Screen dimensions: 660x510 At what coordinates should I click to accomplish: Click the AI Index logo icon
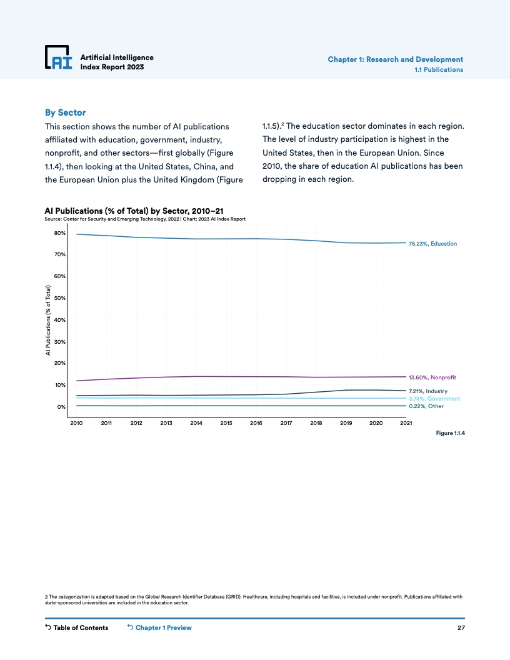tap(59, 57)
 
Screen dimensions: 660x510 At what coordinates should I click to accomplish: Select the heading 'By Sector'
tap(65, 112)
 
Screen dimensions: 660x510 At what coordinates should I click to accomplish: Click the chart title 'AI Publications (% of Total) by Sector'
tap(134, 211)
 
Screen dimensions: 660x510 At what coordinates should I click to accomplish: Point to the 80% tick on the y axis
tap(60, 233)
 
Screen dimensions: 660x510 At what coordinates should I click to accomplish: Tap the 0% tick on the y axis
tap(62, 407)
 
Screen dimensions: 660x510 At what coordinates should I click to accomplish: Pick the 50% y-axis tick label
tap(60, 298)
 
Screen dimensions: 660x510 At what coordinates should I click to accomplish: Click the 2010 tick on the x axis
tap(76, 423)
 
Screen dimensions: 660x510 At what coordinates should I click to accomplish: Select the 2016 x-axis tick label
tap(256, 423)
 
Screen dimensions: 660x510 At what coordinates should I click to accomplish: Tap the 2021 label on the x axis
tap(406, 423)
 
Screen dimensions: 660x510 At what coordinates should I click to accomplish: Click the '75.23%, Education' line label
tap(432, 243)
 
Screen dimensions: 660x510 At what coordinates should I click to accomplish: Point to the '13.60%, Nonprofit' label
tap(432, 377)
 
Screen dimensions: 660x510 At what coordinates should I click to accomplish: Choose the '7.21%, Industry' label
tap(428, 391)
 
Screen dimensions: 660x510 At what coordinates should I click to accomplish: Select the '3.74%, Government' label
tap(434, 399)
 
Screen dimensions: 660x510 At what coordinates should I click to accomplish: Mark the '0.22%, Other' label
tap(426, 406)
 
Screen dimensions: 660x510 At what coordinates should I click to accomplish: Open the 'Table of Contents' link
tap(77, 627)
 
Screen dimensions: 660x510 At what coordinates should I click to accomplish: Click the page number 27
tap(461, 627)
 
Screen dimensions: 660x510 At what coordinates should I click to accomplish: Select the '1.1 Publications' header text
tap(439, 69)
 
